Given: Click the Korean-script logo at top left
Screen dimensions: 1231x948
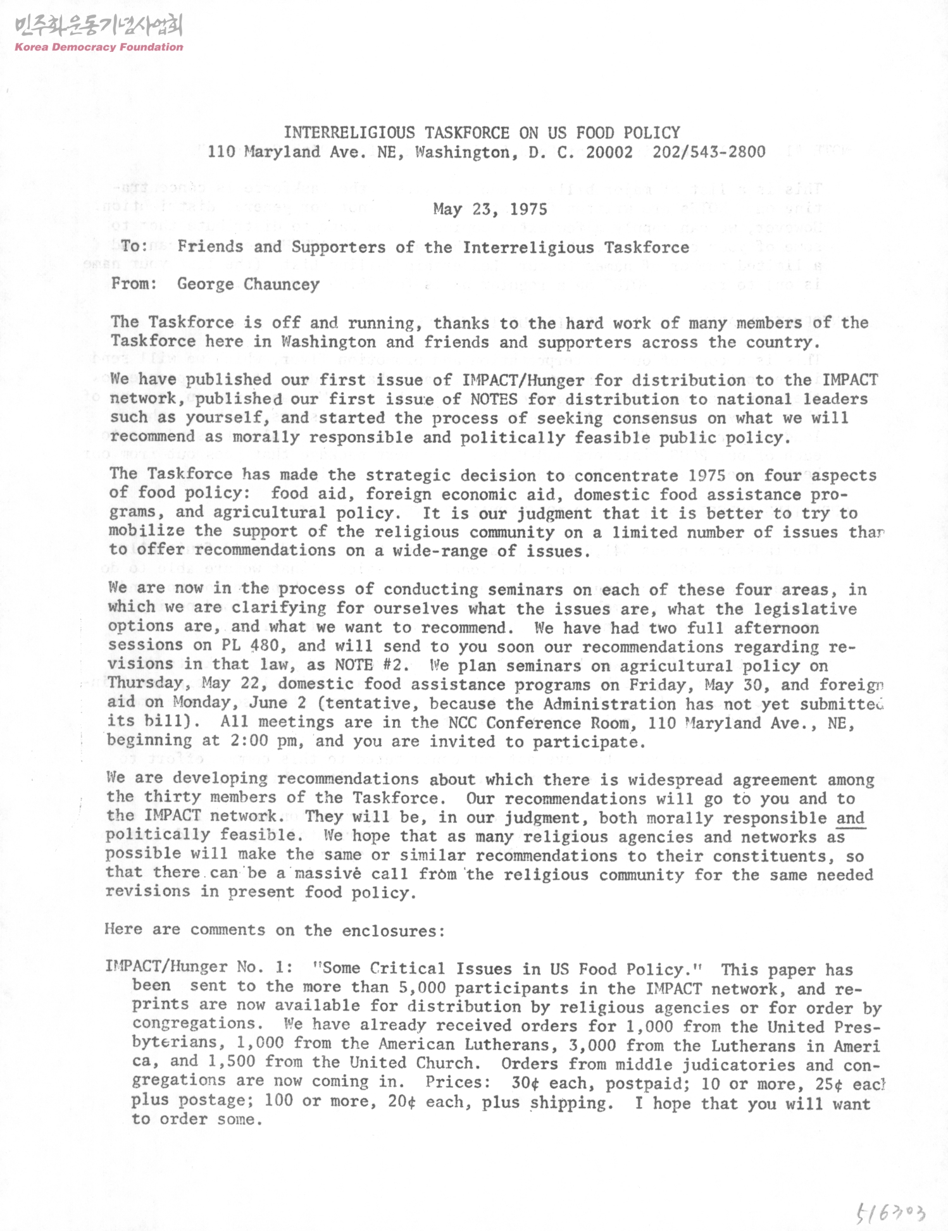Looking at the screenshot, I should pos(98,26).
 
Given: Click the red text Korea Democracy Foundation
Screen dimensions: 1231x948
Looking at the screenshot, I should pos(99,47).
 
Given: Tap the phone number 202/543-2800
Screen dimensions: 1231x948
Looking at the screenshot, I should pos(709,152).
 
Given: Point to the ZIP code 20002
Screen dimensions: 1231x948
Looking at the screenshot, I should pos(609,152).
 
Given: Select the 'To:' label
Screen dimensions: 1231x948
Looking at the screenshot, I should pos(134,247).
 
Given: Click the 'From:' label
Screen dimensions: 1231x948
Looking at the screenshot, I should pos(134,283).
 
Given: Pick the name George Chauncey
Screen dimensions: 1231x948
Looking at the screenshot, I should pos(248,284).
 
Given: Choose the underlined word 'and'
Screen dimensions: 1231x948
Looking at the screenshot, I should pos(850,818).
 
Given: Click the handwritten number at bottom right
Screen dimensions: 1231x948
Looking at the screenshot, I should pos(891,1210).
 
